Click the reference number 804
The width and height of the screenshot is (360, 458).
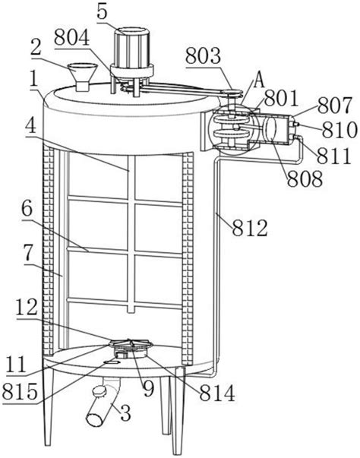[72, 38]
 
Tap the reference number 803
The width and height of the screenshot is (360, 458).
[203, 55]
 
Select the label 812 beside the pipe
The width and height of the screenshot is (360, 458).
[250, 228]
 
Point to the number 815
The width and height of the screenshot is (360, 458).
[20, 391]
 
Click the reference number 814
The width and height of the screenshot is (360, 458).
[217, 393]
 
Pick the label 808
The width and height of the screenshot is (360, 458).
[305, 178]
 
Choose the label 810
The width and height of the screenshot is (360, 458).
[339, 130]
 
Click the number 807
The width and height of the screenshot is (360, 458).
[335, 106]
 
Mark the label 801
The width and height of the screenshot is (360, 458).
[282, 98]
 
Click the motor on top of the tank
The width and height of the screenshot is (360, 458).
[132, 54]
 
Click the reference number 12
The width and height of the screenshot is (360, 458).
[27, 308]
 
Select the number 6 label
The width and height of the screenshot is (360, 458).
[27, 210]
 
